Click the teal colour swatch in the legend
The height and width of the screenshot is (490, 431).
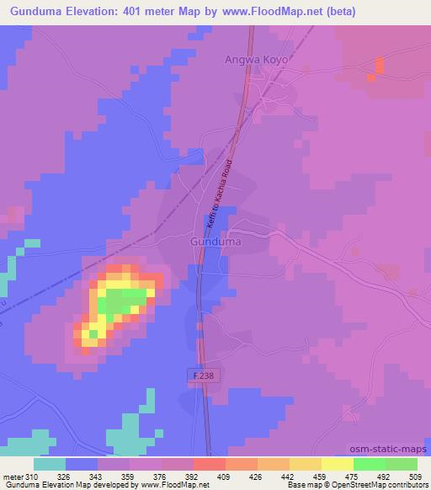tap(50, 464)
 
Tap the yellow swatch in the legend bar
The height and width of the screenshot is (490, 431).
tap(337, 464)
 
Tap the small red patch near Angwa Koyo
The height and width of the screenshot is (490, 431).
tap(378, 67)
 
